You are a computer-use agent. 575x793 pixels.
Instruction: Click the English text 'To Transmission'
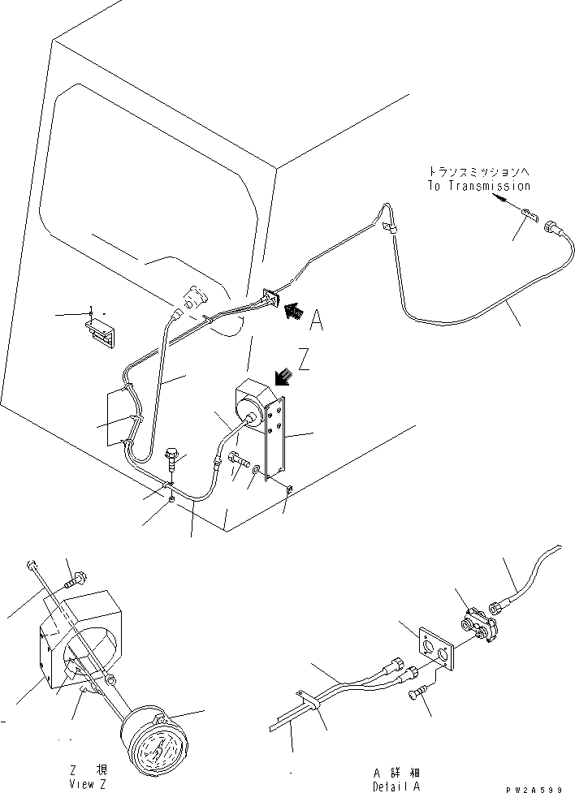pos(478,186)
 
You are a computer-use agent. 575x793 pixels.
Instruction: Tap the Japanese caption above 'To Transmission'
pos(478,172)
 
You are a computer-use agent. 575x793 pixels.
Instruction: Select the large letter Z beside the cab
pos(304,359)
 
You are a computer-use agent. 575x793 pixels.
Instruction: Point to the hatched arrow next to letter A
pos(294,309)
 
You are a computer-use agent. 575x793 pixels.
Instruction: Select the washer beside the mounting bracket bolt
pos(257,470)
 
